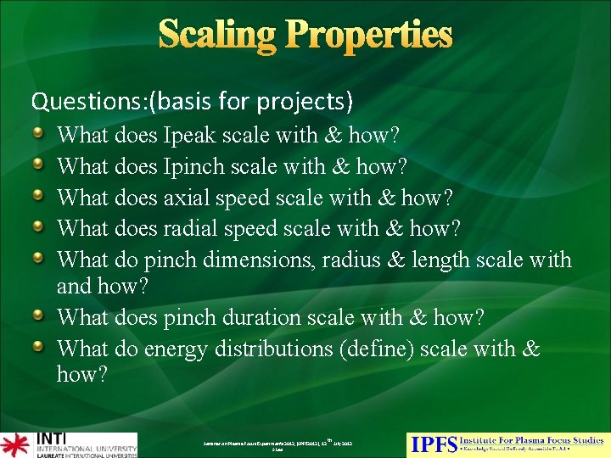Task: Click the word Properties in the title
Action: [x=367, y=36]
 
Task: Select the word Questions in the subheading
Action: [x=76, y=102]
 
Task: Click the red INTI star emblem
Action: [x=14, y=445]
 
